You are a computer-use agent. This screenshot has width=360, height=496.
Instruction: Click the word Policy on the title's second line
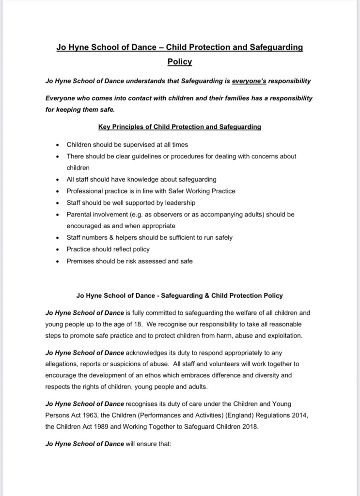point(180,62)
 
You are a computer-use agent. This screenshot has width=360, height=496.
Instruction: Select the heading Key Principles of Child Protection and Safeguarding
point(180,127)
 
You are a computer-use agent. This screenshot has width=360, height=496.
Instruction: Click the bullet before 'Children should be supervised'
point(58,145)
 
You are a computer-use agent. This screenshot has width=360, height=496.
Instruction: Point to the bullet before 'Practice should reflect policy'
point(58,249)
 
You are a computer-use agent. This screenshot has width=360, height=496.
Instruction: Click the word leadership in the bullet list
point(178,203)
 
